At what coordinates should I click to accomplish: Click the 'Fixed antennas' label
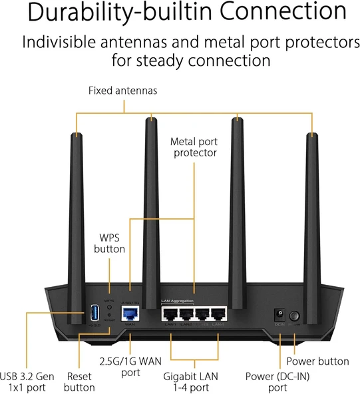tap(123, 90)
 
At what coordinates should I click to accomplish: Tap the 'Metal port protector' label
tap(194, 147)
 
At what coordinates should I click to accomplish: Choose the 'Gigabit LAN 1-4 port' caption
tap(194, 381)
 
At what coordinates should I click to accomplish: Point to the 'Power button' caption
tap(317, 361)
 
